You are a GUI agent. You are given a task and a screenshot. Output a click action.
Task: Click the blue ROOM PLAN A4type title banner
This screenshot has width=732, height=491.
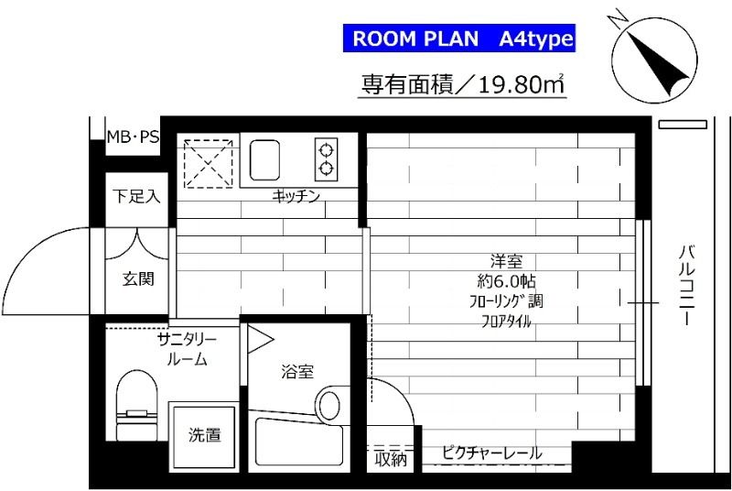459,39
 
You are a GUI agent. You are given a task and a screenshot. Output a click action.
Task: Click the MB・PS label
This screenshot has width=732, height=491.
133,137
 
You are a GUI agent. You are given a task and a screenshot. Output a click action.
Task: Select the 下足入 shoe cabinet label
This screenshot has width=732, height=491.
136,196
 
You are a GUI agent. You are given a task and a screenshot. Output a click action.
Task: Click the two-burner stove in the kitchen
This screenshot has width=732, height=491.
327,158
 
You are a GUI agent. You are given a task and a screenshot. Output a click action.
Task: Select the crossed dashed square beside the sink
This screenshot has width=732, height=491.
207,163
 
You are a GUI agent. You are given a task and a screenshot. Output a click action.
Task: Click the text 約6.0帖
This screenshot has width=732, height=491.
505,280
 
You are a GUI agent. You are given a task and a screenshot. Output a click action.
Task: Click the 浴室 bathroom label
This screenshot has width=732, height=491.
297,372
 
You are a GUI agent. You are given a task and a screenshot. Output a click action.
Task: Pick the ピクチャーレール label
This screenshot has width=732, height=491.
491,453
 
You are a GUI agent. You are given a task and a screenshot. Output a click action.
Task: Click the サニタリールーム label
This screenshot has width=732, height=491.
187,349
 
